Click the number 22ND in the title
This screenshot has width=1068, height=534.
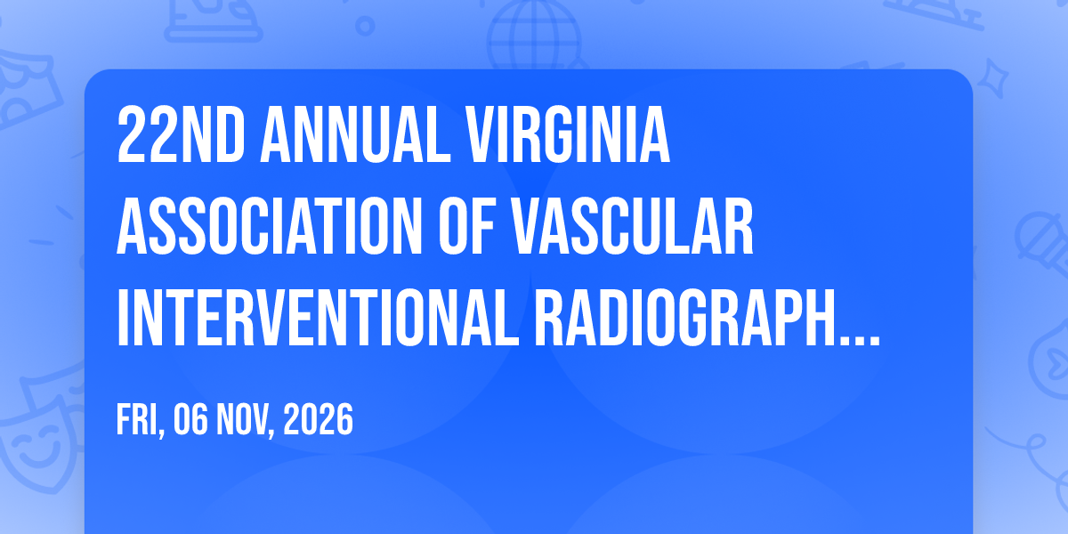coord(182,134)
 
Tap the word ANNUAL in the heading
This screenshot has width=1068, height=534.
coord(355,134)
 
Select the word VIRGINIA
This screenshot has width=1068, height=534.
coord(568,134)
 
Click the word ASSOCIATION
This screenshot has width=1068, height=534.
coord(270,226)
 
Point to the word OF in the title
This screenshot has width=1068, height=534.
coord(465,226)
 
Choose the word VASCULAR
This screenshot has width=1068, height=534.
coord(632,226)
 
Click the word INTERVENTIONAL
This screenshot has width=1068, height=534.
coord(318,318)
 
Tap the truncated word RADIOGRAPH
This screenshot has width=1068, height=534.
coord(685,318)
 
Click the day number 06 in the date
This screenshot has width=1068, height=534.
coord(190,419)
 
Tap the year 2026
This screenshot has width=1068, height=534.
coord(318,419)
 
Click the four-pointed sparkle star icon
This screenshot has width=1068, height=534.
coord(992,78)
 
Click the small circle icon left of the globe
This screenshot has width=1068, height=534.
coord(365,26)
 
